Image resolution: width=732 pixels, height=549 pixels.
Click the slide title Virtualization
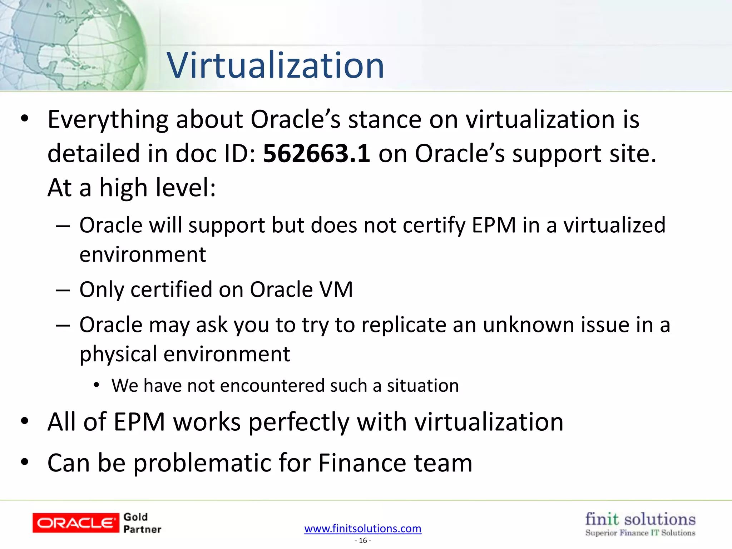click(275, 65)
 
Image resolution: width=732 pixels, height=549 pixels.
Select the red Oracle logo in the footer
click(75, 523)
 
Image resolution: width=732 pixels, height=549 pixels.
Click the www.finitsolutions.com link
click(363, 528)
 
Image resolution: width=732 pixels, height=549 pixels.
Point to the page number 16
click(363, 541)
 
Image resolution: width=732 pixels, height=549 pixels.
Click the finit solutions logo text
click(640, 519)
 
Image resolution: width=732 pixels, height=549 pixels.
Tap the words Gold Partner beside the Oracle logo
click(142, 523)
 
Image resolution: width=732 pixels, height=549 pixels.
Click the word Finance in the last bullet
click(362, 463)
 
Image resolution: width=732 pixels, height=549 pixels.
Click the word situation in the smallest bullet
click(422, 386)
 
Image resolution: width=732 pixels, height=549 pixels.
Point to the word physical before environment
click(118, 354)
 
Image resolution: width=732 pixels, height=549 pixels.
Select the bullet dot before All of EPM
click(24, 422)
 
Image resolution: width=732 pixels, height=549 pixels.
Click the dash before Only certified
click(63, 290)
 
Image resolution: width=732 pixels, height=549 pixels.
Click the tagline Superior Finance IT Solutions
click(640, 533)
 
